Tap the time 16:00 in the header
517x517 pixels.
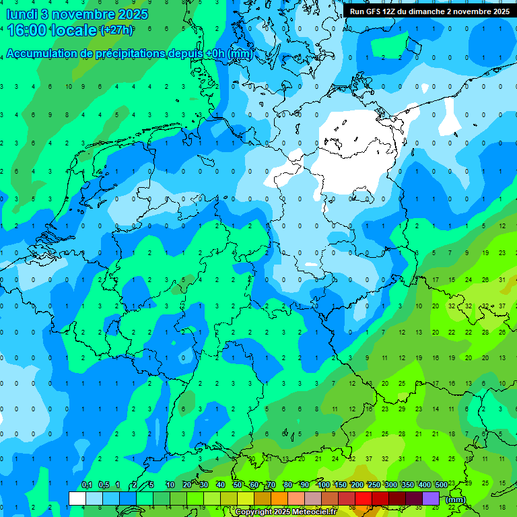point(28,30)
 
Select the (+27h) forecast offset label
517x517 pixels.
point(116,30)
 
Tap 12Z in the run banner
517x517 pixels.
point(396,11)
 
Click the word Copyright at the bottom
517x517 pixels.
point(255,512)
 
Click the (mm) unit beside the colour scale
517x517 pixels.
point(456,500)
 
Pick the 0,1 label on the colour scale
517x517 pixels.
point(87,485)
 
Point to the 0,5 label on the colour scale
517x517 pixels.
point(104,485)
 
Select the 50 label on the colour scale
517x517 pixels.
point(238,485)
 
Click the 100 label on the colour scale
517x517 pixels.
point(324,485)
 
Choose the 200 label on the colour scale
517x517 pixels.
point(357,485)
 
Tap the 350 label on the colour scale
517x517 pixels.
point(408,485)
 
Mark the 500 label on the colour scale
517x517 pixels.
point(442,485)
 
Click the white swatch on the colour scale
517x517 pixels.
point(77,498)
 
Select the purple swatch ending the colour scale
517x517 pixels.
point(431,498)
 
